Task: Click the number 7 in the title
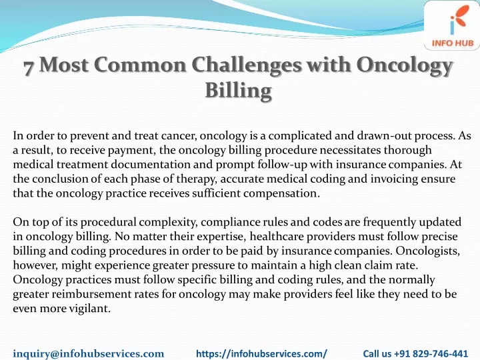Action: (x=29, y=66)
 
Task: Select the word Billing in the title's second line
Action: (x=239, y=91)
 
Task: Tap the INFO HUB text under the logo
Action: (x=453, y=43)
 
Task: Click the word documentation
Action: (x=150, y=165)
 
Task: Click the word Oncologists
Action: (x=427, y=251)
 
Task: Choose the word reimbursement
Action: (x=93, y=294)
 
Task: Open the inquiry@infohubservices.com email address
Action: (x=89, y=353)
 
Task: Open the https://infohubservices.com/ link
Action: (x=261, y=353)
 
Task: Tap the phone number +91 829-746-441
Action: (x=431, y=353)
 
